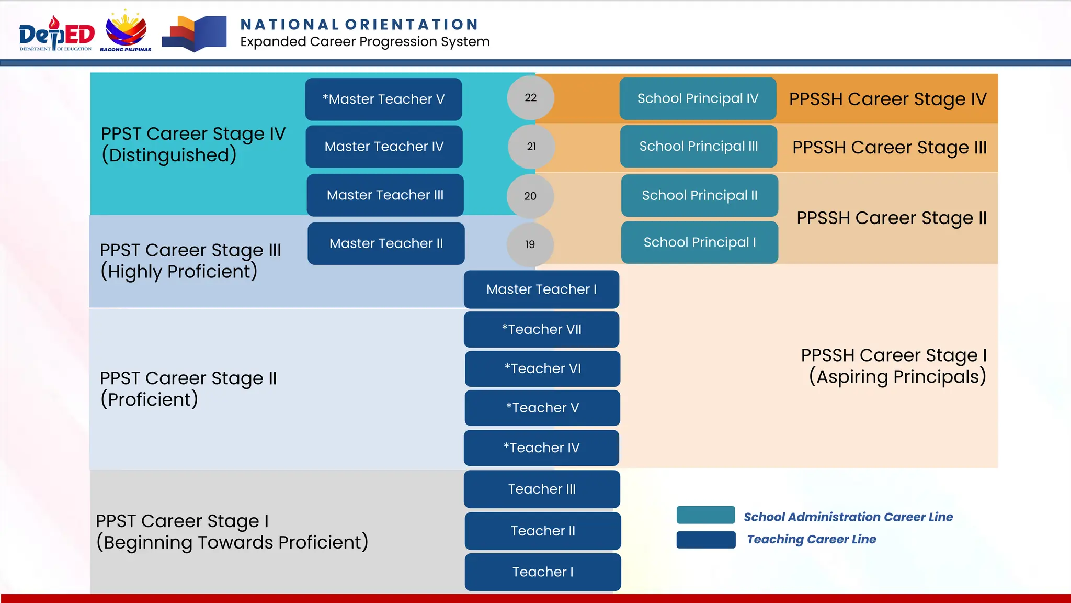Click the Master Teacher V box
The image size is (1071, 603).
tap(383, 99)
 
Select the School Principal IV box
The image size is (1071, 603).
tap(698, 98)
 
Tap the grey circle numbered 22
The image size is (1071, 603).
tap(530, 97)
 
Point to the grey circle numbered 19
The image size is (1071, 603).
tap(530, 244)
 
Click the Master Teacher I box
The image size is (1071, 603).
tap(541, 289)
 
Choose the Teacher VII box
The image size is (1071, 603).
tap(541, 330)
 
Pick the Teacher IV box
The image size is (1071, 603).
tap(541, 448)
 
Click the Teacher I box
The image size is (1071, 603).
tap(542, 572)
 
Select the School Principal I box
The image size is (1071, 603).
tap(699, 242)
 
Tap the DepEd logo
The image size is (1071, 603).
tap(56, 34)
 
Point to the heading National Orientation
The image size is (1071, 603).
tap(359, 25)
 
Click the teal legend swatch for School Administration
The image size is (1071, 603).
tap(705, 515)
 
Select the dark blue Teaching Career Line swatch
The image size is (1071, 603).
tap(705, 540)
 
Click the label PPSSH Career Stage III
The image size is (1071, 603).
tap(889, 148)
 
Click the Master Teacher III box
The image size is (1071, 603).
tap(385, 195)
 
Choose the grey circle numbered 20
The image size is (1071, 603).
tap(530, 196)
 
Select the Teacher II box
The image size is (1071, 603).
tap(542, 531)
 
